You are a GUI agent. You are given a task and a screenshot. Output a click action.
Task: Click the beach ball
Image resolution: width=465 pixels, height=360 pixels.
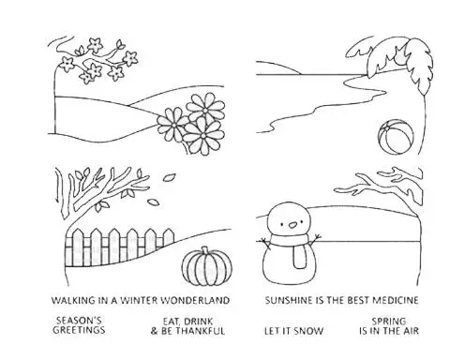[396, 137]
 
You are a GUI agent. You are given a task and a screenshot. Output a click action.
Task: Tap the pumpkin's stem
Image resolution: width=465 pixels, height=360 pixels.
[205, 250]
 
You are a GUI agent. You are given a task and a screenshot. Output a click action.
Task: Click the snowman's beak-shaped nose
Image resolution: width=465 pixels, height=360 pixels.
[292, 224]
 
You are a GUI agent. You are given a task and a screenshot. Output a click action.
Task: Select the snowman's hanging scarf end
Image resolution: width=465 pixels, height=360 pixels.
[299, 257]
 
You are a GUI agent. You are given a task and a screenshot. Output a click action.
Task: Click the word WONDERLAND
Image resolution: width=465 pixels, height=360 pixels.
[195, 301]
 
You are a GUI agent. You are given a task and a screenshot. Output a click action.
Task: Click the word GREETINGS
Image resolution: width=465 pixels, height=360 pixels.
[79, 330]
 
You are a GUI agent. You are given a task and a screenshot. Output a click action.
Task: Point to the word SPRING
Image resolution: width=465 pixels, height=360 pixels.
[389, 322]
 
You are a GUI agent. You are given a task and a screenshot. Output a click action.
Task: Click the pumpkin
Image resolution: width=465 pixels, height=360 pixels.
[207, 267]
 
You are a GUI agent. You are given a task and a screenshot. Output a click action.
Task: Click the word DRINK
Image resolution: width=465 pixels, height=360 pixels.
[198, 322]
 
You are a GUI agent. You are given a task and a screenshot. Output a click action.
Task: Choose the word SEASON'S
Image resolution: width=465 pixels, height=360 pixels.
[79, 321]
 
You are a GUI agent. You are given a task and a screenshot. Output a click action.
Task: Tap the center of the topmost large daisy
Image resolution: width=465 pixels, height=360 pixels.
[205, 111]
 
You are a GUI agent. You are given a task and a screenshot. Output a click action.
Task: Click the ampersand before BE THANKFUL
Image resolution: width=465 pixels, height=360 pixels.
[155, 331]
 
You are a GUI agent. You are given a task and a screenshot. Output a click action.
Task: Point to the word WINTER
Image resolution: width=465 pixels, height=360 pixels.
[139, 301]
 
